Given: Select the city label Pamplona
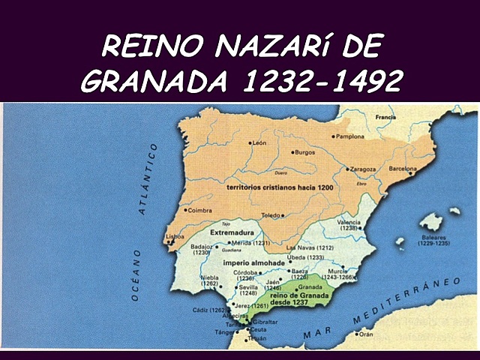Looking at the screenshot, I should pos(349,136).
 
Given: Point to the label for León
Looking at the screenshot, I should pos(259,142).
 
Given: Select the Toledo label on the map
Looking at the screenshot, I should pos(269,215).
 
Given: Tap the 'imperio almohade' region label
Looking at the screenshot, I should pos(247,265).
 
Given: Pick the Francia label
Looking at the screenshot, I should pos(385,118).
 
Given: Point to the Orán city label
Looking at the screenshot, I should pos(366,334).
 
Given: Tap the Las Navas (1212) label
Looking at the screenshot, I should pos(310,247).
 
